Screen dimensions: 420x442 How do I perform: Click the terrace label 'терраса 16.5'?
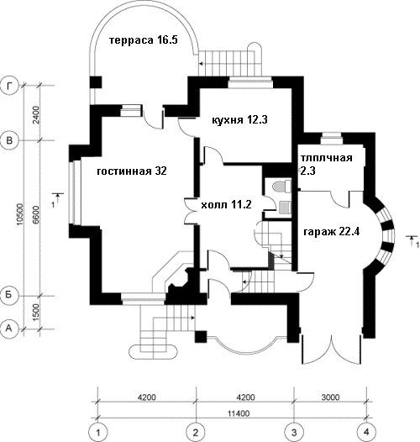pyautogui.click(x=144, y=40)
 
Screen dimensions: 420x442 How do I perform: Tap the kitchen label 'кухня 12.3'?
pyautogui.click(x=239, y=120)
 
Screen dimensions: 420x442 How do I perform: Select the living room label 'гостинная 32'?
pyautogui.click(x=132, y=171)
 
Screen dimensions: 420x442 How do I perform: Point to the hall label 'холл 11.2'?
pyautogui.click(x=226, y=204)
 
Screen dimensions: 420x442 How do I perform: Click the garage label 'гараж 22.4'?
pyautogui.click(x=332, y=232)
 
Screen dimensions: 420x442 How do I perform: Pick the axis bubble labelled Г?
pyautogui.click(x=9, y=86)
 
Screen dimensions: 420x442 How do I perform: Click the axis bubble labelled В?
pyautogui.click(x=9, y=140)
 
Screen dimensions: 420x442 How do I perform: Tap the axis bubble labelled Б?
pyautogui.click(x=9, y=295)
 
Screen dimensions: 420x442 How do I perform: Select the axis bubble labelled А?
pyautogui.click(x=9, y=329)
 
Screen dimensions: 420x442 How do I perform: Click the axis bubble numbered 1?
pyautogui.click(x=98, y=432)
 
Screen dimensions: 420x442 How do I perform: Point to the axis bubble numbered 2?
pyautogui.click(x=196, y=432)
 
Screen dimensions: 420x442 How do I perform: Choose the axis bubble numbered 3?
pyautogui.click(x=294, y=432)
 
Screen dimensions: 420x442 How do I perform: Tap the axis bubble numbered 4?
pyautogui.click(x=366, y=432)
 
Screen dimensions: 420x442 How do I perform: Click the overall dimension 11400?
pyautogui.click(x=239, y=413)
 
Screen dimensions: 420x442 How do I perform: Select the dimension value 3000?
pyautogui.click(x=330, y=397)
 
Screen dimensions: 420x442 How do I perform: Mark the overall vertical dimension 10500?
pyautogui.click(x=20, y=214)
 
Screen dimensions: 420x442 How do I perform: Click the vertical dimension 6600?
pyautogui.click(x=36, y=215)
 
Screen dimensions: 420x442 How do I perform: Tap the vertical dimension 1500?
pyautogui.click(x=36, y=313)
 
